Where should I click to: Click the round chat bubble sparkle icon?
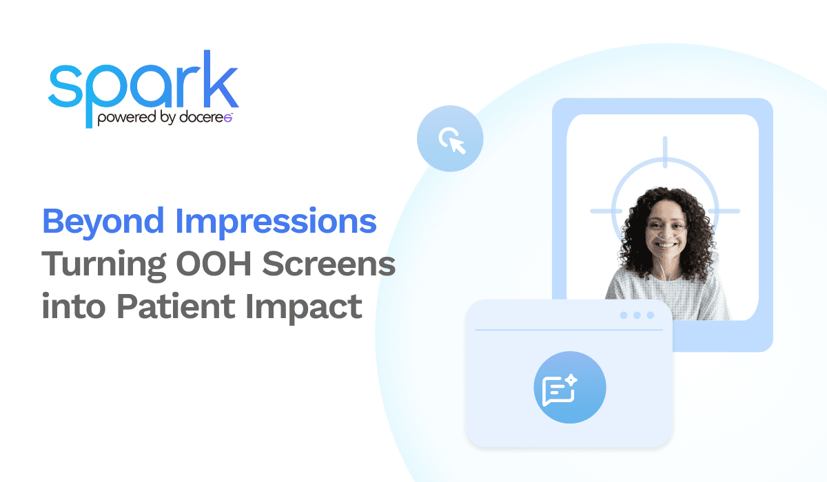(569, 388)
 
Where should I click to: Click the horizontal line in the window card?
(569, 330)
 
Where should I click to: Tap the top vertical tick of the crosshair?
(665, 151)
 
